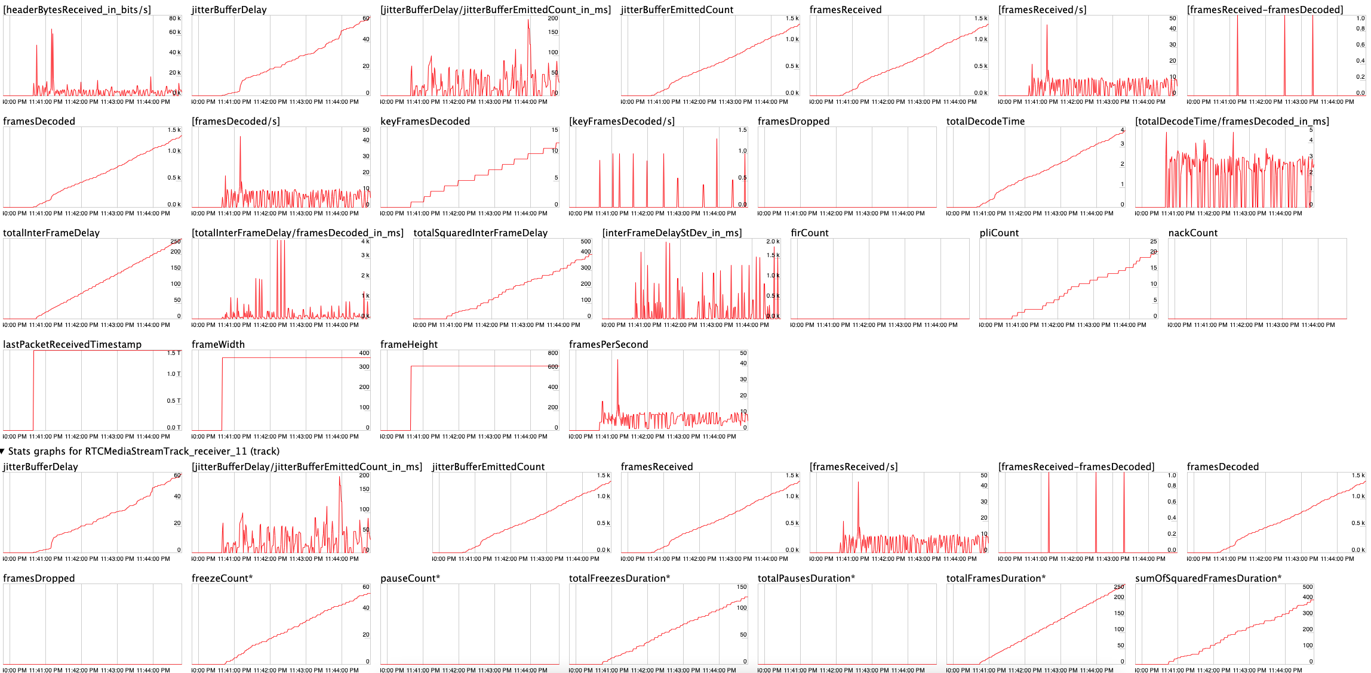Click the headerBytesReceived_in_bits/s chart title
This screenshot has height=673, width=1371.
click(77, 10)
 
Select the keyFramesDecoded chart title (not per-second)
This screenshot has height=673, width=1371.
click(425, 121)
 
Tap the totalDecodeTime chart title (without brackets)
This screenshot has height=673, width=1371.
click(985, 121)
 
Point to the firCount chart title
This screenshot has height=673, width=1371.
click(809, 233)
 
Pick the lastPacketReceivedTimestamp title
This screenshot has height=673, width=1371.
click(72, 344)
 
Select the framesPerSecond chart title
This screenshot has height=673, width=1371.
click(608, 344)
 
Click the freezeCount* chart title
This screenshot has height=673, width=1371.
click(222, 578)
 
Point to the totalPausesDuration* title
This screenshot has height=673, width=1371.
click(806, 578)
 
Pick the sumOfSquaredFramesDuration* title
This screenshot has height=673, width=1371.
click(1208, 578)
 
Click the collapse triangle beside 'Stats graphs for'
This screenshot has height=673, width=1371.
click(3, 452)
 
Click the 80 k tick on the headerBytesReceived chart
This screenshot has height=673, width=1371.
click(174, 18)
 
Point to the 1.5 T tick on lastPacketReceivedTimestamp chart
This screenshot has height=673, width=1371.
click(173, 353)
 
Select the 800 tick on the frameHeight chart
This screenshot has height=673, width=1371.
click(553, 353)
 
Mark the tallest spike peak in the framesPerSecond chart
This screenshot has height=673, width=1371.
click(617, 359)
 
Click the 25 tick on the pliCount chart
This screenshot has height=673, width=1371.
click(1154, 242)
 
